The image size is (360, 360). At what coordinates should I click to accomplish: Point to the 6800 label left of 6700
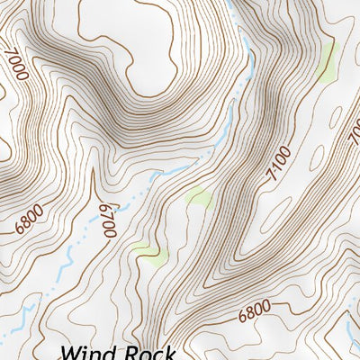tap(29, 220)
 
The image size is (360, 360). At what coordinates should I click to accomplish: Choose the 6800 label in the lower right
tap(255, 312)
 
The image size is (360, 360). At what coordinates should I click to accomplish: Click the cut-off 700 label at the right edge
tap(353, 130)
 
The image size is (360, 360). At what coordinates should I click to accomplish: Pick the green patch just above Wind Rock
tap(150, 255)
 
